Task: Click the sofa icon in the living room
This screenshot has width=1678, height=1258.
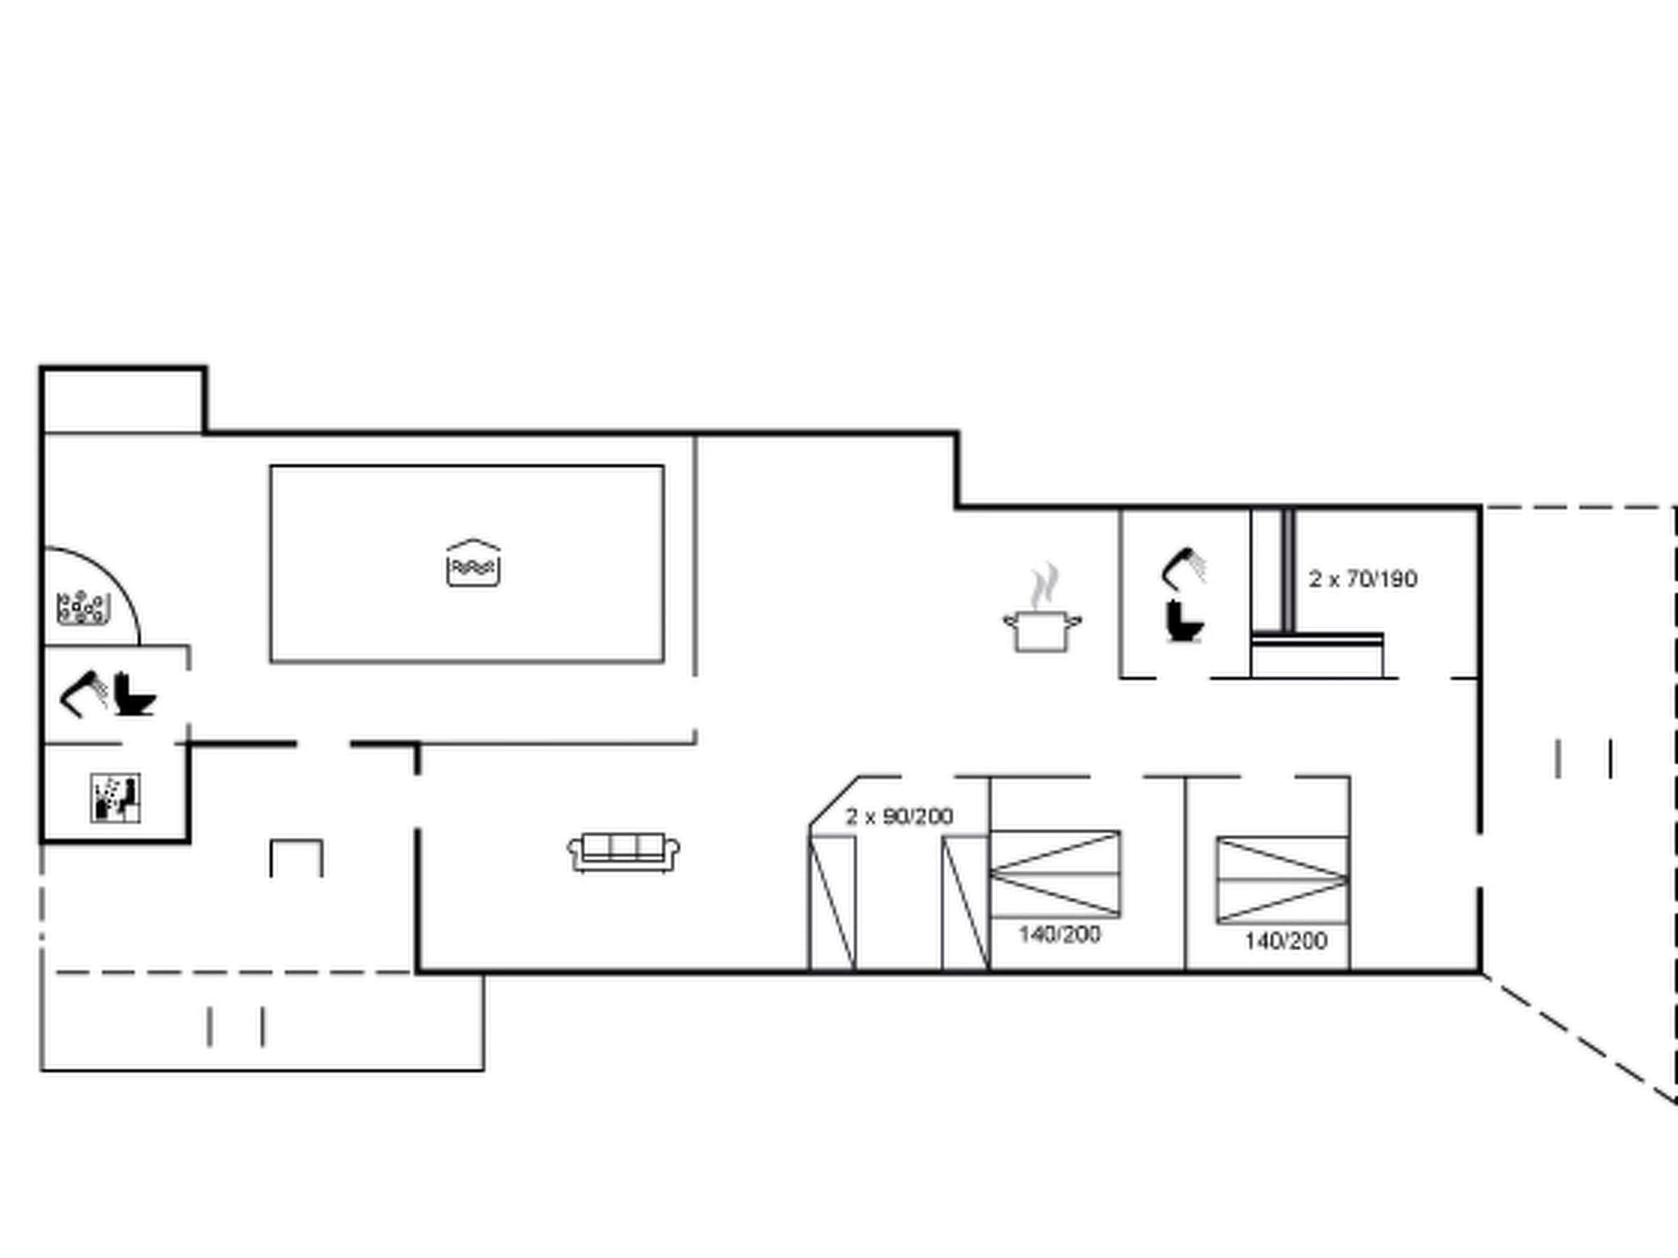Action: (624, 853)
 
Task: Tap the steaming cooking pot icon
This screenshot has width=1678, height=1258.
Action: (1042, 629)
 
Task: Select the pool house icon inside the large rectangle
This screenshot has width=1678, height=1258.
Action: (473, 563)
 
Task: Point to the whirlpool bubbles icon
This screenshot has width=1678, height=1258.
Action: (82, 607)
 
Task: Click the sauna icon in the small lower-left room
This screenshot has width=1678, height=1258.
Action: (115, 798)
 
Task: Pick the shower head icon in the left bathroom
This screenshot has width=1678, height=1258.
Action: (84, 694)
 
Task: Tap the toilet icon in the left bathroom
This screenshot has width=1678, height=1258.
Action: (134, 695)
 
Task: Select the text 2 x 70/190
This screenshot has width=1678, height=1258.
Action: (1363, 579)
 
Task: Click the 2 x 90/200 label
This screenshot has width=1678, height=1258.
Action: (899, 817)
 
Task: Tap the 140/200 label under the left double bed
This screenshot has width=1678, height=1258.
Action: (1059, 934)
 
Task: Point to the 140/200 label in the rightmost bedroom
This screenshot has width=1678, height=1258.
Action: (1286, 940)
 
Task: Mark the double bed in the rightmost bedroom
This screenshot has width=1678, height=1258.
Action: (1282, 880)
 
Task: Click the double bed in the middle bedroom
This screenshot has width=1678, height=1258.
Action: (1055, 874)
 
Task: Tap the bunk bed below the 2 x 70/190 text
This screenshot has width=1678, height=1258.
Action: (1317, 654)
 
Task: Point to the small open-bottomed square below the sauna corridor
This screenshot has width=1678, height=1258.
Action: (297, 858)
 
